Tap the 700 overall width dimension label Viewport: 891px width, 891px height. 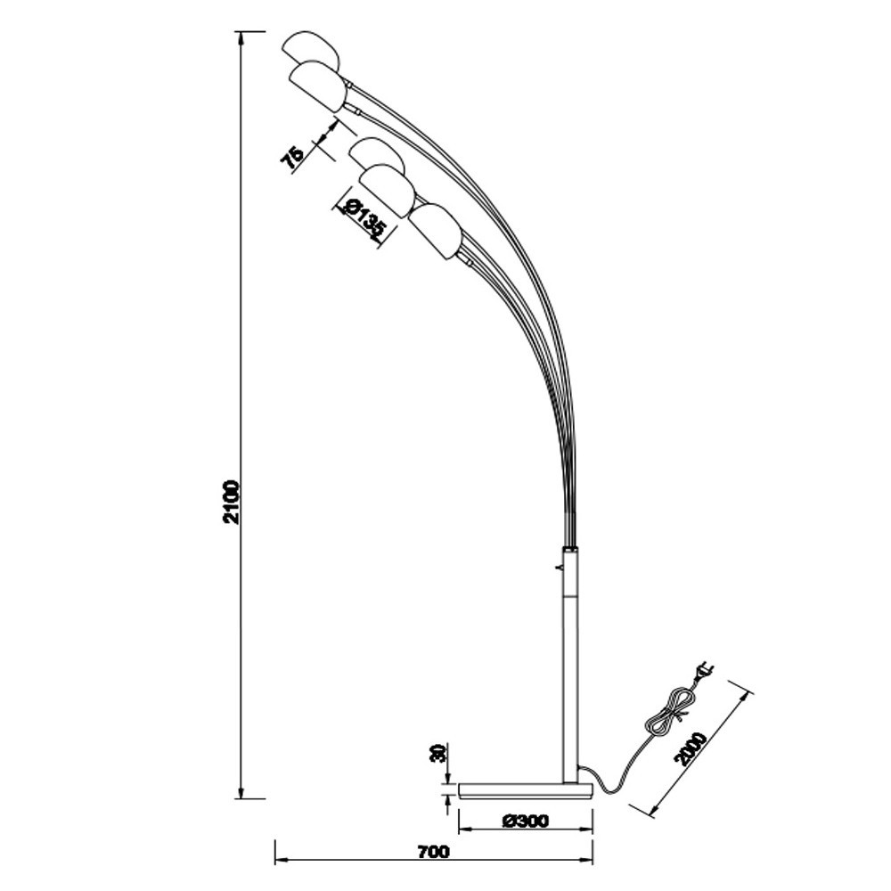click(x=432, y=851)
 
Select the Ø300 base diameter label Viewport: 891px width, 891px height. click(x=525, y=821)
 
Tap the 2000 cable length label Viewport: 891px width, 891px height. click(x=691, y=748)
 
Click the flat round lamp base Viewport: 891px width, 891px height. click(x=525, y=790)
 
